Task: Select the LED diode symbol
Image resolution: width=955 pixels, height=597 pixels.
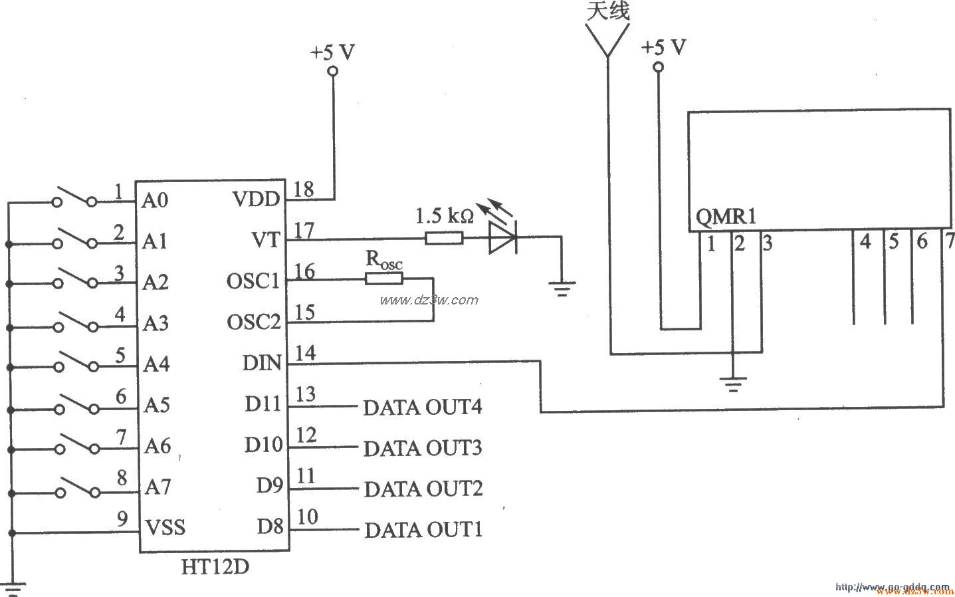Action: (502, 237)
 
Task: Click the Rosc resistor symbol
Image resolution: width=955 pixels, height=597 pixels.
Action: (384, 279)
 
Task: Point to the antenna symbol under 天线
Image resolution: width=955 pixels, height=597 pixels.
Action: (606, 40)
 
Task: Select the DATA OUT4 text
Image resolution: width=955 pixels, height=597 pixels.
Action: (422, 407)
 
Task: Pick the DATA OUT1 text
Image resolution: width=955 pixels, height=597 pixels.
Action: (423, 530)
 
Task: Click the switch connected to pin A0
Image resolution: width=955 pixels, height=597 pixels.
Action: (76, 199)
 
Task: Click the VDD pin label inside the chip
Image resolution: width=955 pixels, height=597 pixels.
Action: (257, 199)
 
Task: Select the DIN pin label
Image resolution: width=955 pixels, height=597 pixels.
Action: (262, 363)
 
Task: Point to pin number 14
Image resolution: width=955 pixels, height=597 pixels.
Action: (305, 354)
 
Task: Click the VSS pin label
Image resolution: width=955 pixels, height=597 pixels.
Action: (165, 528)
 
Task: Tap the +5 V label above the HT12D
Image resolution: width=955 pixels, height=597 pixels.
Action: (333, 52)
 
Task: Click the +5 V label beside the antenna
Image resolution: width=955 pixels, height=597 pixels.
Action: (664, 48)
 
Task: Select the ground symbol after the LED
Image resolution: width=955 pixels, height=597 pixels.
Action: (562, 287)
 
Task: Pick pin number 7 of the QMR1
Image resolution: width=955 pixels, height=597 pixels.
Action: (950, 241)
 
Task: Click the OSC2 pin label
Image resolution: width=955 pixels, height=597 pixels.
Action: (254, 322)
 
